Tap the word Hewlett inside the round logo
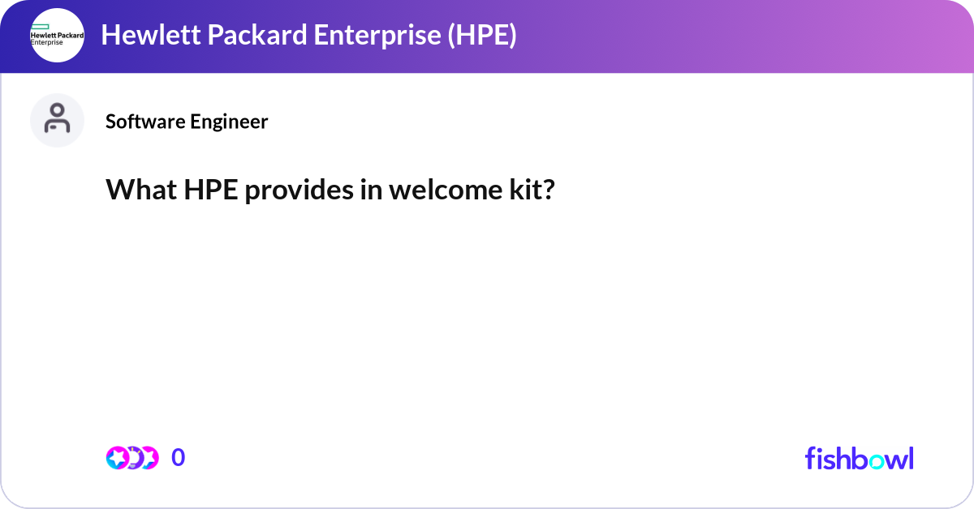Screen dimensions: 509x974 (x=41, y=35)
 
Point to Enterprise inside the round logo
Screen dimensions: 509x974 (x=45, y=42)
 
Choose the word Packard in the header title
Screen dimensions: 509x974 (x=231, y=36)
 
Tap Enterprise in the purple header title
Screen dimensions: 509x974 (x=350, y=36)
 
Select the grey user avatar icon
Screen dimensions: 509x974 (x=57, y=120)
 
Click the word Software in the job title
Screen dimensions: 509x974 (x=144, y=122)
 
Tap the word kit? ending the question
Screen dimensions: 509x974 (x=535, y=190)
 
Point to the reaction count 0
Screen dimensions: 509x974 (x=178, y=458)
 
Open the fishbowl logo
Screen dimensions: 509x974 (x=859, y=458)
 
